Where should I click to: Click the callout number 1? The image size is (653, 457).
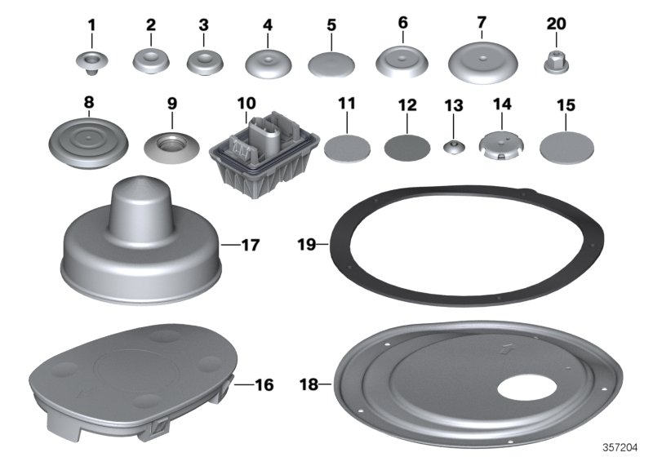[91, 25]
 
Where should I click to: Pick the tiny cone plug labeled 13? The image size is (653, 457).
[451, 147]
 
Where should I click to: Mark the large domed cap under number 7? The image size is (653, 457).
[482, 62]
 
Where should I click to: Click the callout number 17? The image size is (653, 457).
[251, 243]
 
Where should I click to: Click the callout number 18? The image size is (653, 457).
[313, 383]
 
